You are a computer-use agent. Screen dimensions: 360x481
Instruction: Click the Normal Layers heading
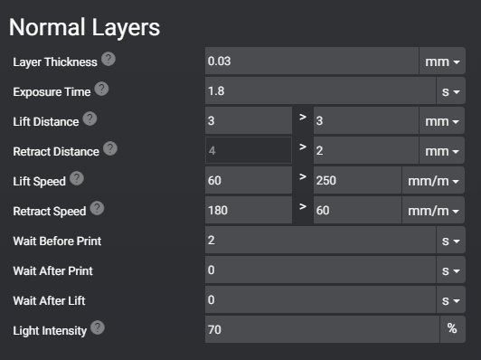84,27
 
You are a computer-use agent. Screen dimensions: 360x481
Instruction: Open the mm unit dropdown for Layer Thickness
442,61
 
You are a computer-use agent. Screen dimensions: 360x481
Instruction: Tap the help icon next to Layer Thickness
108,60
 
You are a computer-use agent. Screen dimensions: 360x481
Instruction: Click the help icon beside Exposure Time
101,90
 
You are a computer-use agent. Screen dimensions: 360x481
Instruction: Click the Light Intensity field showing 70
322,329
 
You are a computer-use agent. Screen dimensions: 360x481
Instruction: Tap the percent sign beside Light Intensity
452,329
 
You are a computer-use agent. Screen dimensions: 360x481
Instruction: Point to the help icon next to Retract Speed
97,209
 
